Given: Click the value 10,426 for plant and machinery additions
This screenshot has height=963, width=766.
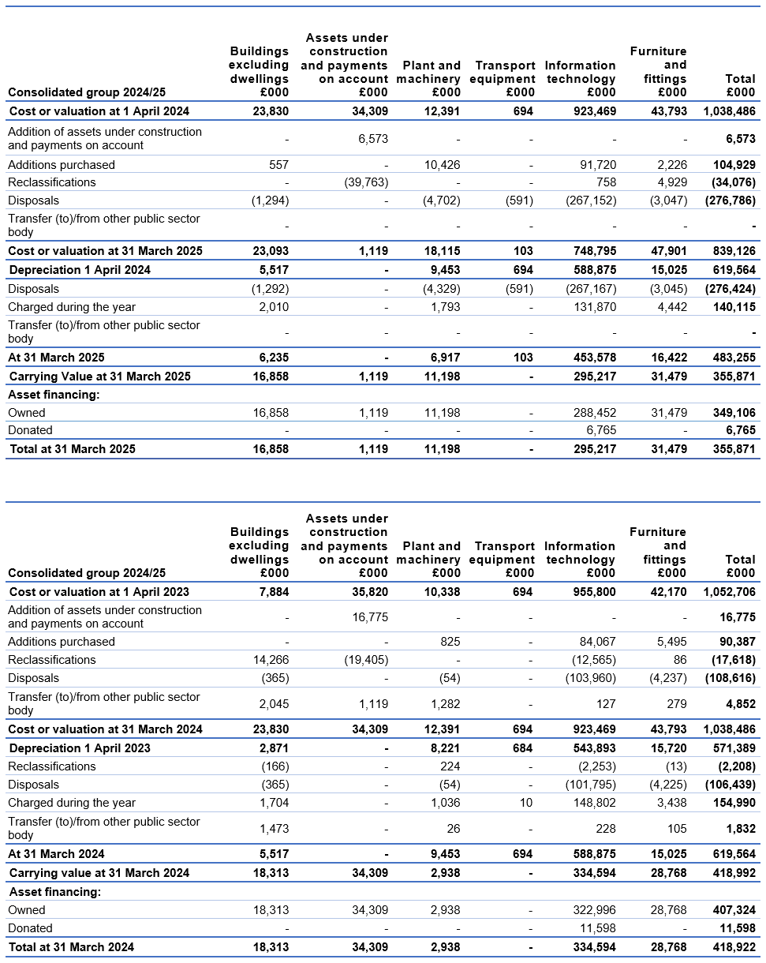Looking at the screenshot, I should point(442,165).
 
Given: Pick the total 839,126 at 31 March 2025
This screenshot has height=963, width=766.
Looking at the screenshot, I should point(731,251).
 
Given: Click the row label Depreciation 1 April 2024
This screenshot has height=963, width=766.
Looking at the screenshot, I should point(80,270).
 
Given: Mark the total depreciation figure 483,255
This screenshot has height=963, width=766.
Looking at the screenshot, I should point(731,358).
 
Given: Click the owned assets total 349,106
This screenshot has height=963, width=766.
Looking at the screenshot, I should point(731,413).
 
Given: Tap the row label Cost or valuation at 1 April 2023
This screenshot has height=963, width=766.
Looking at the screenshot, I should point(99,592).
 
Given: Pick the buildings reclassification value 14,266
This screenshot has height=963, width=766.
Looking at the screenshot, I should point(270,660).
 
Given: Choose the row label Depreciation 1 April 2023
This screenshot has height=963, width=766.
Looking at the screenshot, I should point(80,748).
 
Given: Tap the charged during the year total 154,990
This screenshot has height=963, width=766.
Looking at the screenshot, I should point(731,803).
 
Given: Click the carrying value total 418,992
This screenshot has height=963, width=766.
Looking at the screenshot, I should point(731,873).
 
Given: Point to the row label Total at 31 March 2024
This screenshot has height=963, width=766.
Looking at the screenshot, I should point(72,947).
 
